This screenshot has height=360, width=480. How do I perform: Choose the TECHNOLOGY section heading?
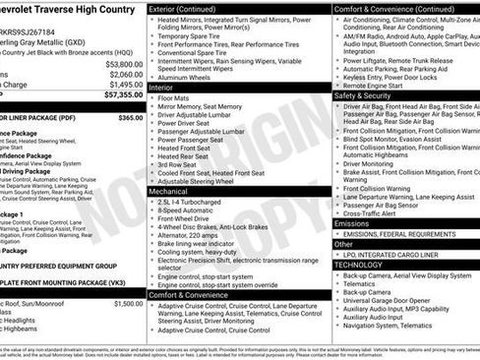[358, 265]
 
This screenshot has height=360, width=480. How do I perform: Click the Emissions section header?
[352, 223]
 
